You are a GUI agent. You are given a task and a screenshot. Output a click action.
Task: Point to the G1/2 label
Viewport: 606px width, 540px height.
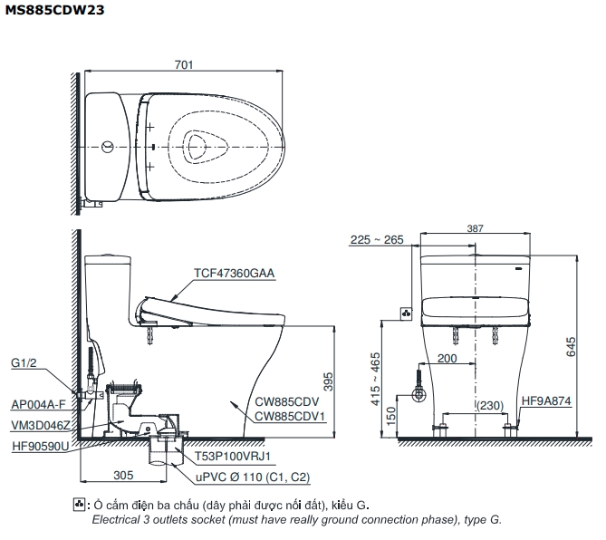[24, 363]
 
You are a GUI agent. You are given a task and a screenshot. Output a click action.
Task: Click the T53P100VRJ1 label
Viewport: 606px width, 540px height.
[234, 458]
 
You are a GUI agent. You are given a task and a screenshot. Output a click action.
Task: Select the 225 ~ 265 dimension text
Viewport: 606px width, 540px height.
[377, 240]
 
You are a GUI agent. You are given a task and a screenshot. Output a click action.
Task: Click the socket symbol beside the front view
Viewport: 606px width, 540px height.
[406, 314]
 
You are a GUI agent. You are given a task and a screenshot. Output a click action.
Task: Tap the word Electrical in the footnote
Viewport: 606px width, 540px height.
[115, 520]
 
